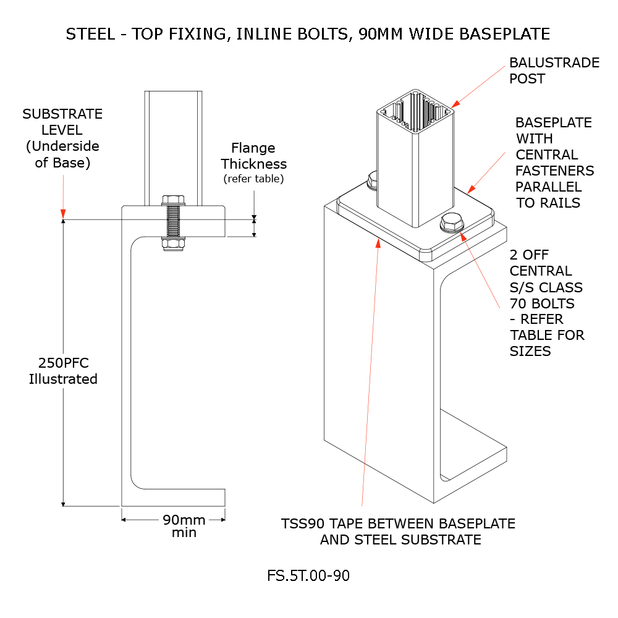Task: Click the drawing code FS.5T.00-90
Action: (x=308, y=576)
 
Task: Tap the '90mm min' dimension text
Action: (x=184, y=525)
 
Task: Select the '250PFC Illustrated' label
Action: (x=63, y=371)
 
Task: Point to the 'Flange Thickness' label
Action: (x=254, y=156)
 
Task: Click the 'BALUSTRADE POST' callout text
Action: (x=554, y=70)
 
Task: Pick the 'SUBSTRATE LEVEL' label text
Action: (x=62, y=122)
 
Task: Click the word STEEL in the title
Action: (x=90, y=34)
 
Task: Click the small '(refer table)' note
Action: (x=254, y=179)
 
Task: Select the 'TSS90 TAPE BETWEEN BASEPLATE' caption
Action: (x=399, y=523)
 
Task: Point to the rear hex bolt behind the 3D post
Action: (x=373, y=180)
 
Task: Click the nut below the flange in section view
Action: (x=173, y=245)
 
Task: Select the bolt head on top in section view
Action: (x=173, y=200)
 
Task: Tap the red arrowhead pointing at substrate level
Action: (x=62, y=213)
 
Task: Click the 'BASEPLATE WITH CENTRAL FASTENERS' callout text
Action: (x=554, y=163)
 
